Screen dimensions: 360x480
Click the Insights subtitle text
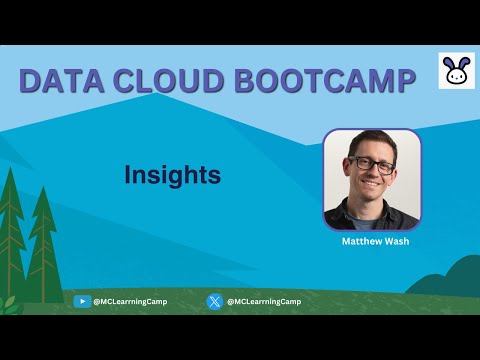pyautogui.click(x=172, y=175)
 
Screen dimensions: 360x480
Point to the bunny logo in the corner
pyautogui.click(x=455, y=72)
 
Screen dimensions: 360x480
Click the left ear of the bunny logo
pyautogui.click(x=449, y=62)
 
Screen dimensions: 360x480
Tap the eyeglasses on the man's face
pyautogui.click(x=371, y=166)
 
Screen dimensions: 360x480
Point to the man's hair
pyautogui.click(x=371, y=141)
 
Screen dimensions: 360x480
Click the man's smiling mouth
pyautogui.click(x=372, y=188)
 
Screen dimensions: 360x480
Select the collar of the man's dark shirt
pyautogui.click(x=371, y=210)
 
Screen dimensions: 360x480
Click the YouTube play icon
pyautogui.click(x=82, y=301)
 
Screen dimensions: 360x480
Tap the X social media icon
pyautogui.click(x=214, y=301)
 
